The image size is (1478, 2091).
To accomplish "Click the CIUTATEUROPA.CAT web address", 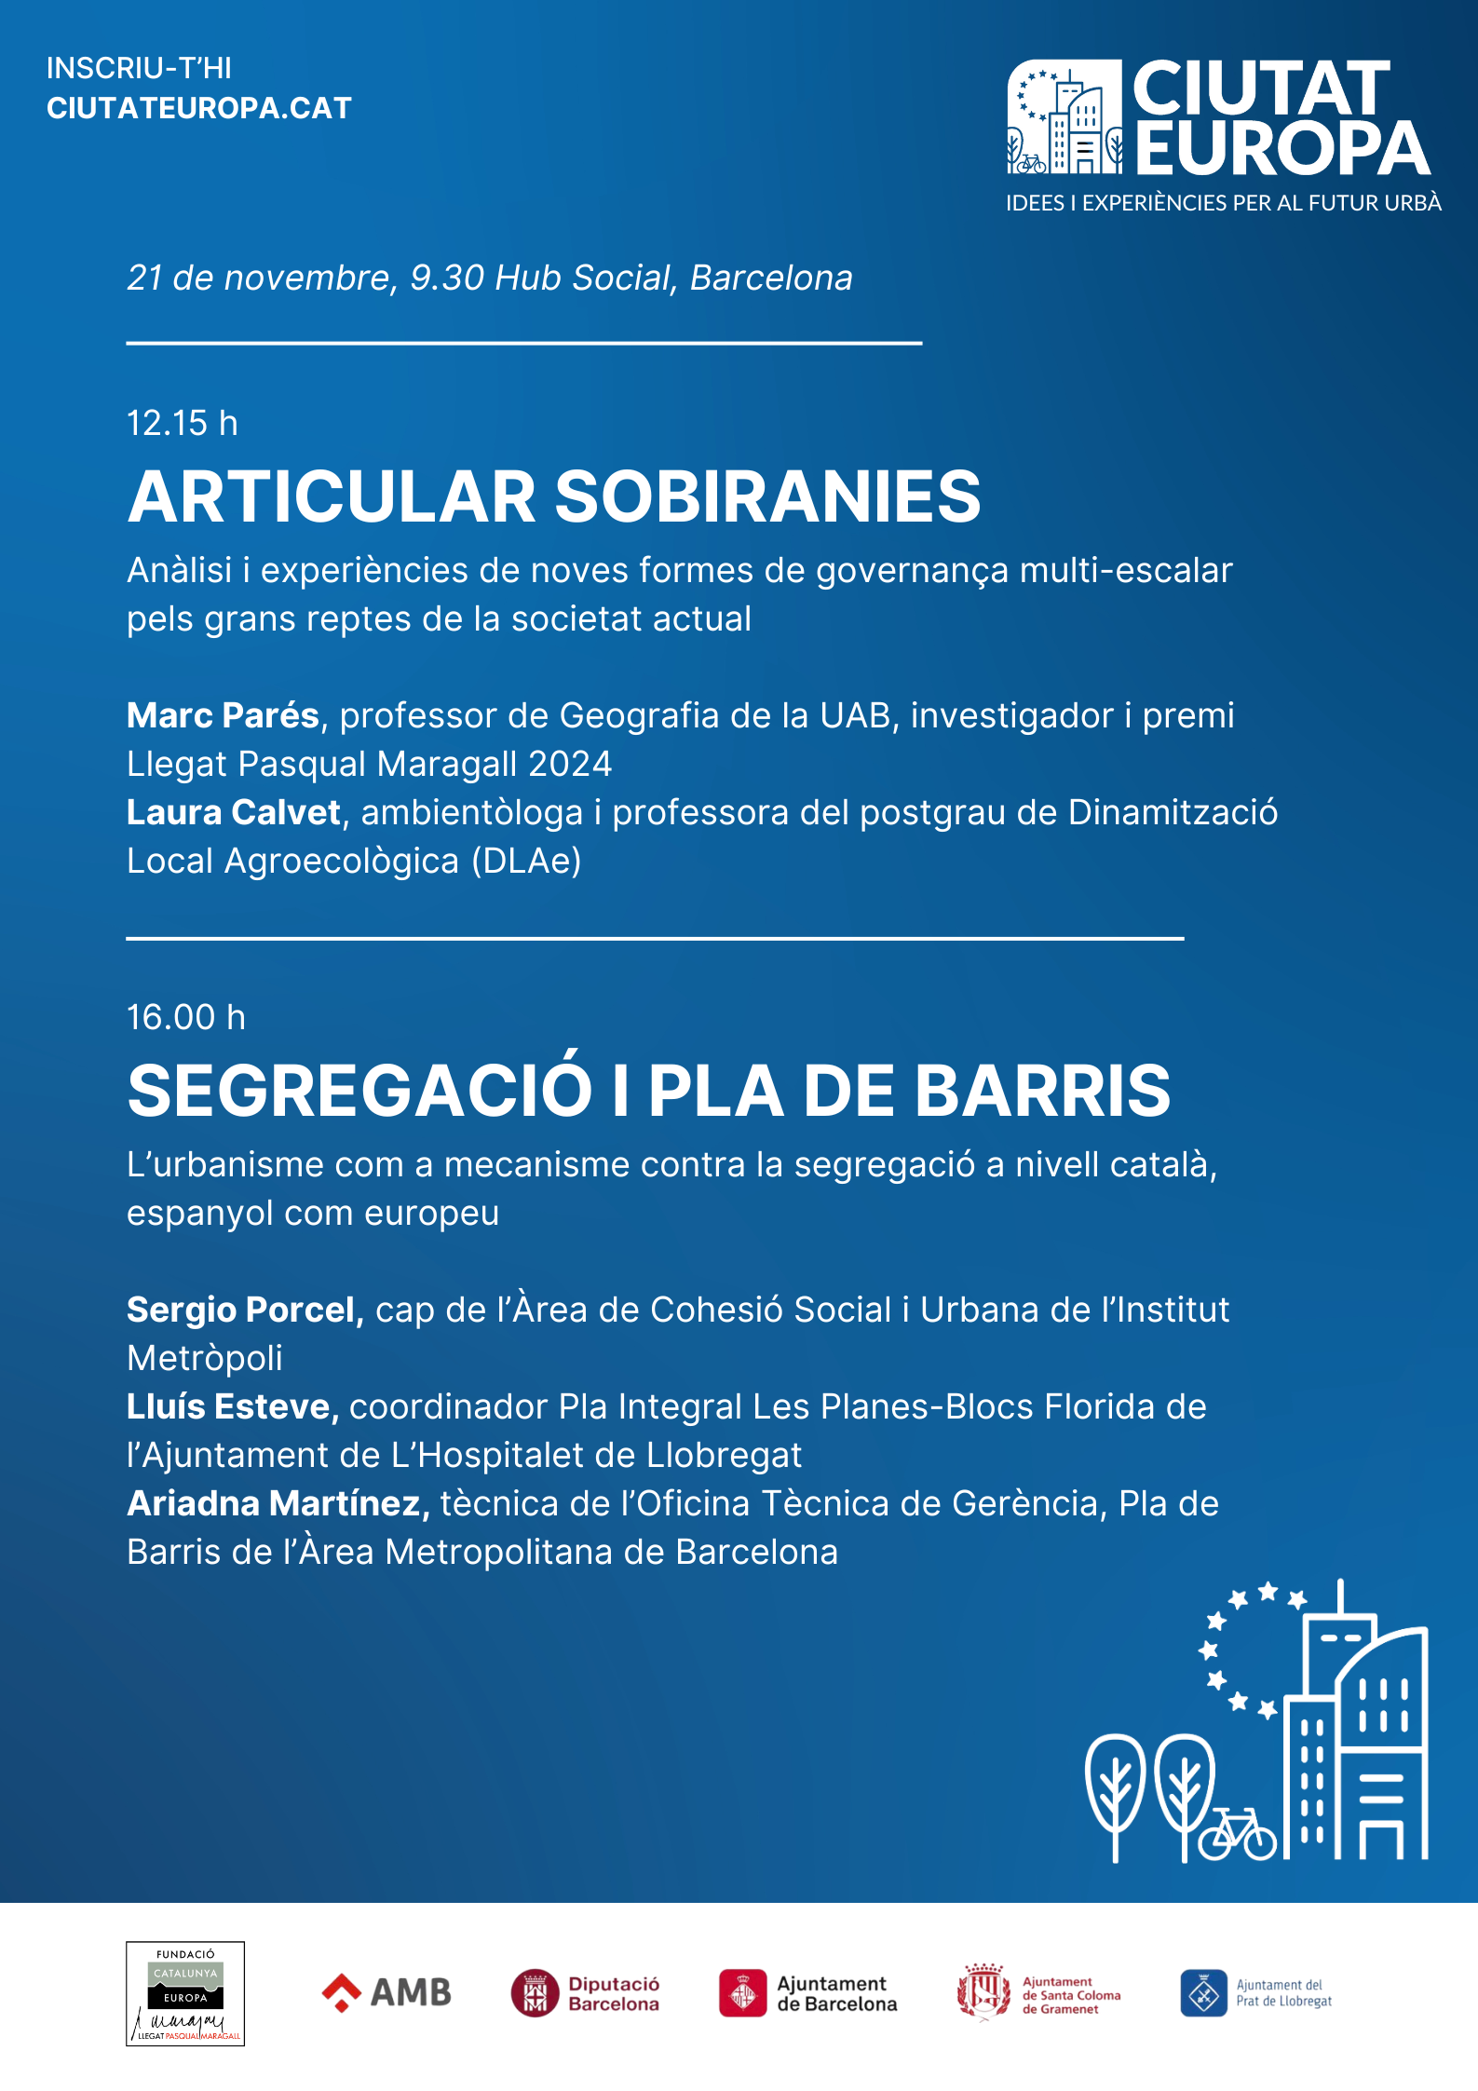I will click(199, 108).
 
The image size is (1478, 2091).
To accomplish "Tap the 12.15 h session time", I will click(183, 424).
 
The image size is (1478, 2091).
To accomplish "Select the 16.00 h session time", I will click(186, 1018).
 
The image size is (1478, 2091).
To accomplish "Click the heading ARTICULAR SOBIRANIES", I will click(554, 496).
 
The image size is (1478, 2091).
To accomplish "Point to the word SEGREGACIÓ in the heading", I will click(359, 1091).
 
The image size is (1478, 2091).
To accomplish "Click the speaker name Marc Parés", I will click(224, 716).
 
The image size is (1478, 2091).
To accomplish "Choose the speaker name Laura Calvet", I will click(234, 813).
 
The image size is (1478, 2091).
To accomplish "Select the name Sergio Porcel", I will click(244, 1310).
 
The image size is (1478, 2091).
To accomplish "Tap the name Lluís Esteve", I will click(232, 1407).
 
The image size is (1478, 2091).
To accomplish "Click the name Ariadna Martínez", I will click(278, 1504).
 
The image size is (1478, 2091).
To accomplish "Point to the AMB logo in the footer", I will click(386, 1993).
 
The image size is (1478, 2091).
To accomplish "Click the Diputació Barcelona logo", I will click(585, 1993).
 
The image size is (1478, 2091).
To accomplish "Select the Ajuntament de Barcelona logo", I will click(807, 1993).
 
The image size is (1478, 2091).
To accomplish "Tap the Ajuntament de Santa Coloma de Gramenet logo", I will click(1038, 1994).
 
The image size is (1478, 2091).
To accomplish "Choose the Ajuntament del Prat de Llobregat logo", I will click(1255, 1993).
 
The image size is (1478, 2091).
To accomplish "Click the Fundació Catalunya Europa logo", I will click(185, 1993).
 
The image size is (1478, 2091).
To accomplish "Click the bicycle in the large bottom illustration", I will click(1237, 1836).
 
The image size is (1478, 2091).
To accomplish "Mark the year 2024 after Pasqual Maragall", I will click(570, 765).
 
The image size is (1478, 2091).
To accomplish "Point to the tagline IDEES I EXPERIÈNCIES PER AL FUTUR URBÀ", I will click(1223, 203).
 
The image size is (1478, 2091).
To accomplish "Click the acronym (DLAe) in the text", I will click(526, 862).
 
